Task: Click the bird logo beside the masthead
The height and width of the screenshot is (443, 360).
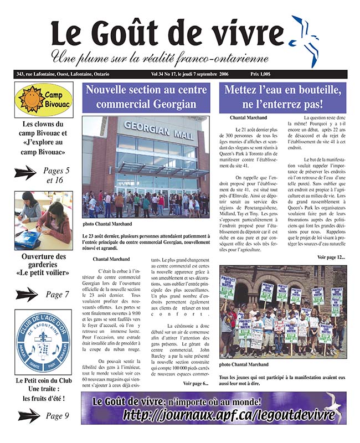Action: click(305, 39)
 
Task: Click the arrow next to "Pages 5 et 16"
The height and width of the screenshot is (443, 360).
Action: click(26, 173)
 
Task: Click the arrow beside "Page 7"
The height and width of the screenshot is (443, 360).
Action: click(26, 295)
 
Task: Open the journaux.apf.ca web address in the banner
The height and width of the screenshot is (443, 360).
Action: click(232, 415)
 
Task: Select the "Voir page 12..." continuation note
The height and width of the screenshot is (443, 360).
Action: click(331, 257)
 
